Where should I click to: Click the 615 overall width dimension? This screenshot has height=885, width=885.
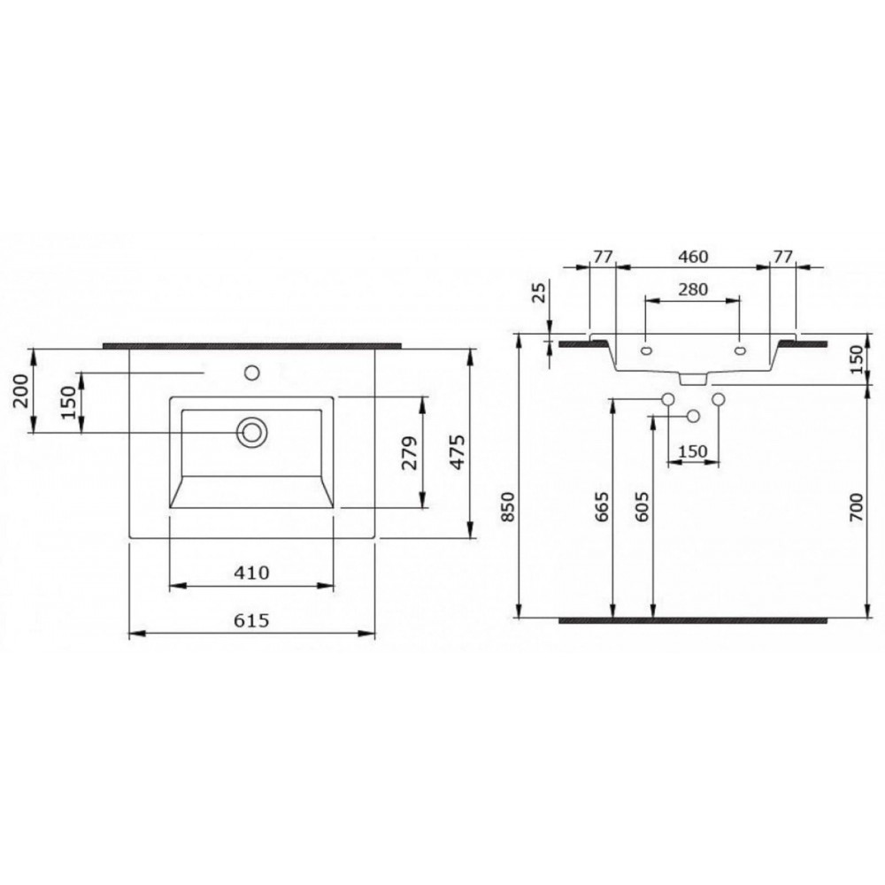[251, 620]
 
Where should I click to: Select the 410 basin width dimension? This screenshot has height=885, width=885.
[251, 573]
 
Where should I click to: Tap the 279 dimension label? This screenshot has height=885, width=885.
[409, 452]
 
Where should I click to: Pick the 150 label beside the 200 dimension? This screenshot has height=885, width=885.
[68, 402]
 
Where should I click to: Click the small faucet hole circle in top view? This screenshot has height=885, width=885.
[251, 373]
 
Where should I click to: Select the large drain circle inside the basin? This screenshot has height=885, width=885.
[251, 433]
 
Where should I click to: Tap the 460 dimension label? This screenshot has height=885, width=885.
[693, 257]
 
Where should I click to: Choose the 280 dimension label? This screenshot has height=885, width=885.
[693, 289]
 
